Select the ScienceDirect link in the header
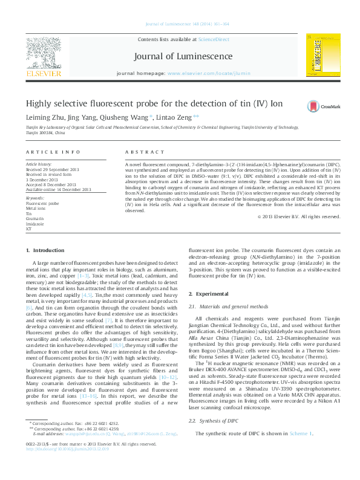coord(214,39)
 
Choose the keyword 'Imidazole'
coord(36,223)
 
